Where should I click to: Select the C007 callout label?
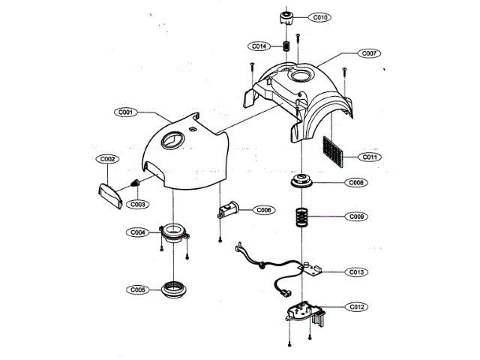(369, 54)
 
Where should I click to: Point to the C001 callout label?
(125, 112)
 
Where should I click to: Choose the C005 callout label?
(138, 289)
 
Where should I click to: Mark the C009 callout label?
(357, 217)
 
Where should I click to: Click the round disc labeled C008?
(304, 182)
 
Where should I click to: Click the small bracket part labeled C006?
(226, 210)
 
